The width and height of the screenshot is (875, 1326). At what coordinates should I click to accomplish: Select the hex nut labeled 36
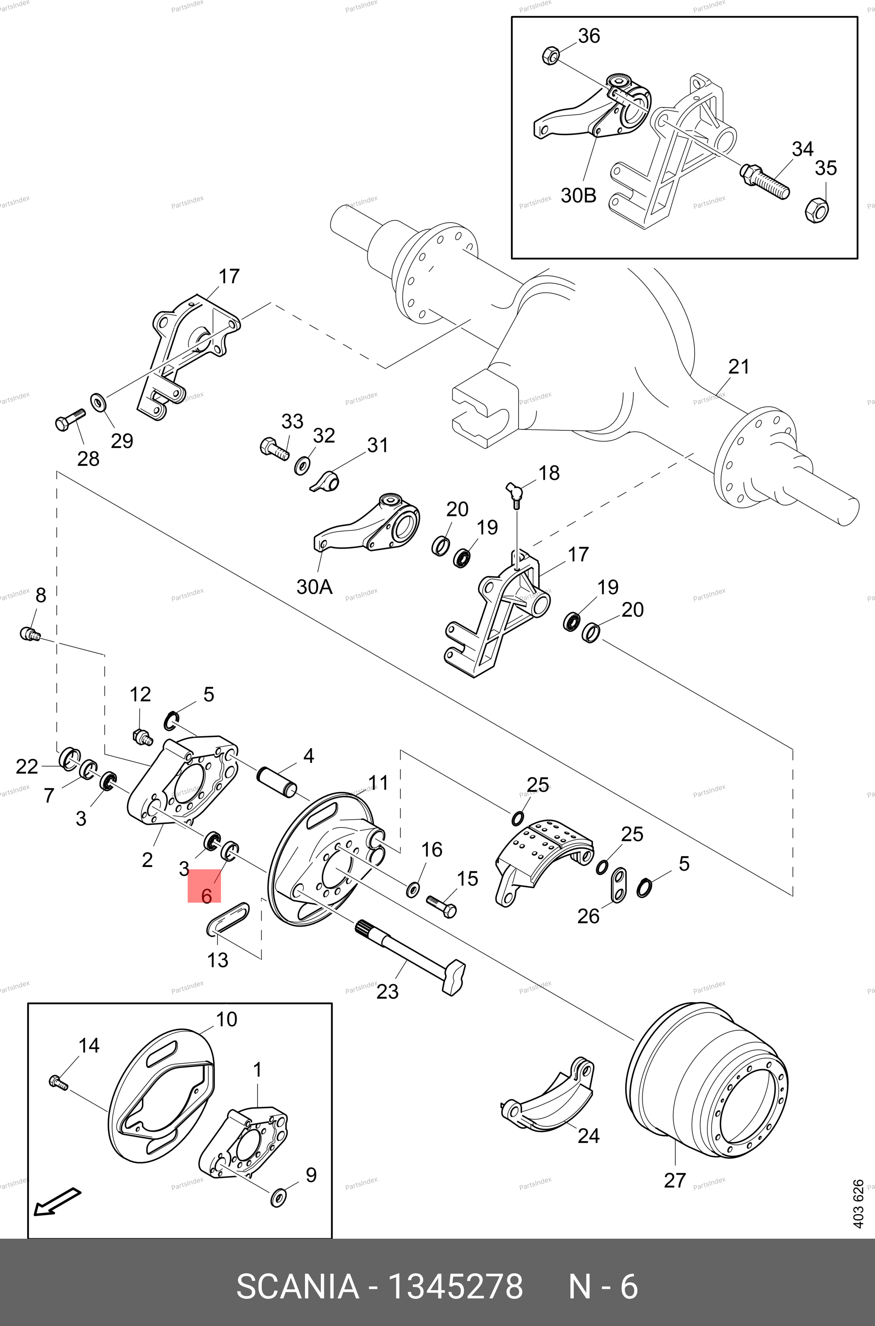click(550, 55)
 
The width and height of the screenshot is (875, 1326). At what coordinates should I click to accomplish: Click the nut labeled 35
click(817, 210)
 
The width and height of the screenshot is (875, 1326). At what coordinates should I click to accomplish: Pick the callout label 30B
click(578, 196)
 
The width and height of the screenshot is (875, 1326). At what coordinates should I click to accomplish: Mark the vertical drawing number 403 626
click(858, 1203)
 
